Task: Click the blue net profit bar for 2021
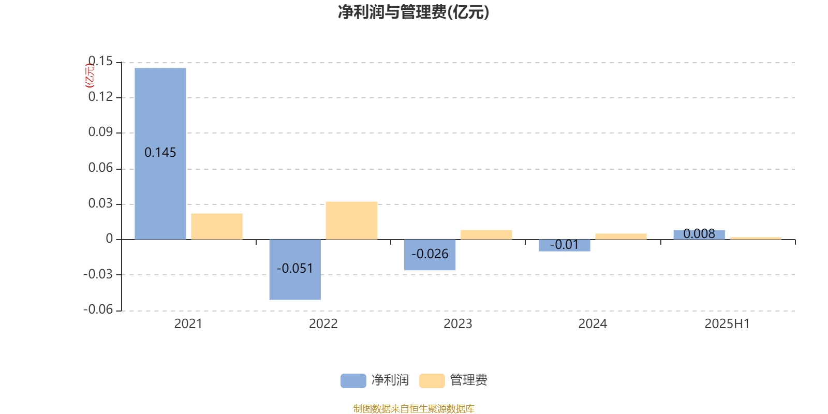(x=160, y=154)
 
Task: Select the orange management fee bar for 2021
(x=217, y=227)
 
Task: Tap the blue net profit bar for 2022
(x=295, y=270)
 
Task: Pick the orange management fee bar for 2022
(x=351, y=220)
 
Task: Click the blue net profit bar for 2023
(x=430, y=255)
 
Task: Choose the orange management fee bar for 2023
(x=486, y=235)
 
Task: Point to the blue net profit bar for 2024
(x=565, y=245)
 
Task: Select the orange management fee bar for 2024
(x=621, y=236)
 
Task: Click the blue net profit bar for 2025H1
(x=699, y=235)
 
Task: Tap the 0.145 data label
(x=160, y=152)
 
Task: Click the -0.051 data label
(x=295, y=269)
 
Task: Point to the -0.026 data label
(x=430, y=254)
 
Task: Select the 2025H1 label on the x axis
(x=727, y=324)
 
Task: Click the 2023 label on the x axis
(x=458, y=324)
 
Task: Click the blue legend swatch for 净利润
(x=353, y=381)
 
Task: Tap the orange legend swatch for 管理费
(x=432, y=381)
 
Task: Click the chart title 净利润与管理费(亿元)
(x=413, y=12)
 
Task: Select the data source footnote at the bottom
(x=413, y=408)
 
